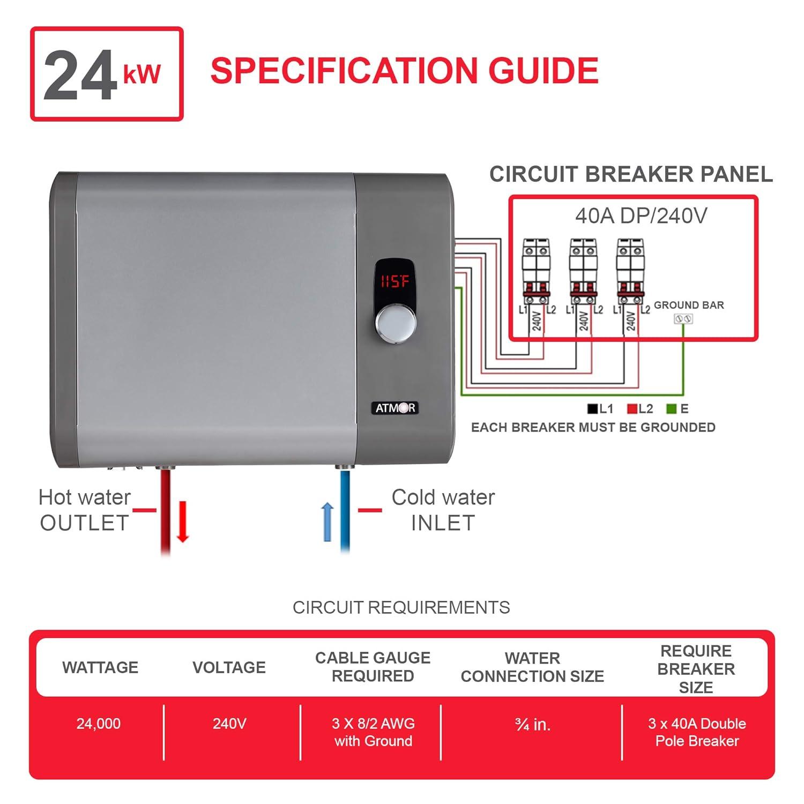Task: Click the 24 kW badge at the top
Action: click(107, 74)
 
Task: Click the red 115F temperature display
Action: click(394, 281)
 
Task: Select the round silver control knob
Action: click(396, 324)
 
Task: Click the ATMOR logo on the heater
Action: click(394, 408)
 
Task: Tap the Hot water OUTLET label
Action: click(85, 510)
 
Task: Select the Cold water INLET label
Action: click(443, 510)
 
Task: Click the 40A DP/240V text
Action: click(641, 215)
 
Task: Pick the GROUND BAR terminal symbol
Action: click(683, 319)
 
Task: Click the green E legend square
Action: click(671, 409)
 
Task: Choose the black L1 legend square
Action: click(592, 409)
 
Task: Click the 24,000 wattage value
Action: click(99, 724)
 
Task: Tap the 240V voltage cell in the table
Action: click(229, 724)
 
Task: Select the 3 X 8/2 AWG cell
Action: click(373, 732)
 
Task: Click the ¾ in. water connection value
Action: click(532, 725)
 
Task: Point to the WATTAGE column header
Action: click(100, 667)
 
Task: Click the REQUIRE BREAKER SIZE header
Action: click(696, 669)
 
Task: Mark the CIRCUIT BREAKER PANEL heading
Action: click(631, 174)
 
